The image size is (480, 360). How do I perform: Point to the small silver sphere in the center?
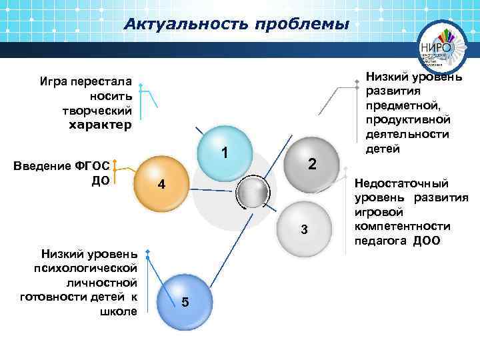(x=253, y=193)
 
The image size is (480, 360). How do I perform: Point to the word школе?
(x=122, y=311)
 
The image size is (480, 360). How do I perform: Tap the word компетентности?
(x=407, y=227)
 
